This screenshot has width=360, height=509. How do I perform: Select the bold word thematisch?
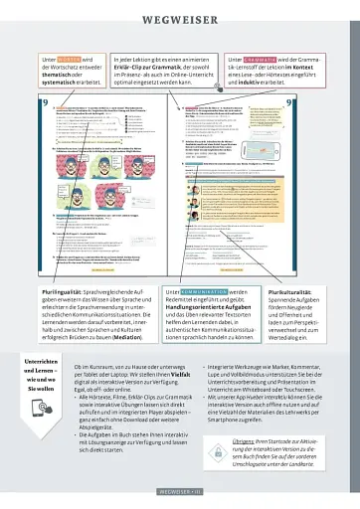coord(57,77)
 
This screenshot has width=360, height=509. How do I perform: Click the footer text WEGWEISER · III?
coord(180,491)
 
